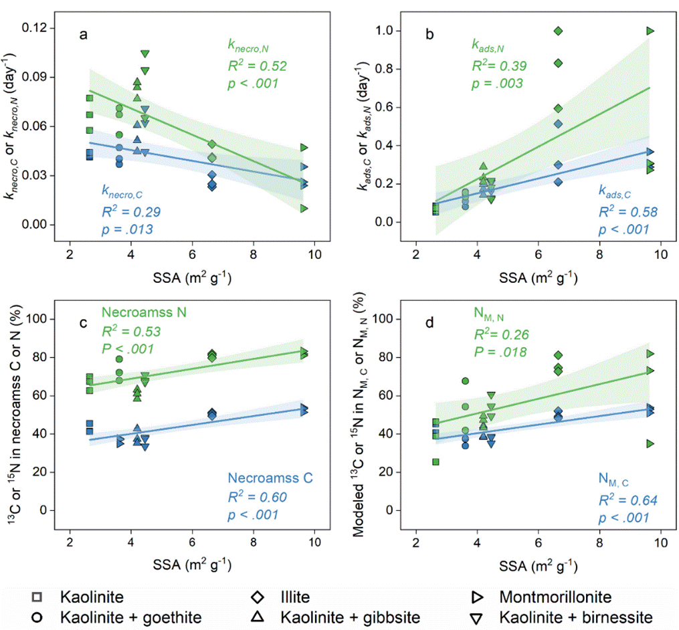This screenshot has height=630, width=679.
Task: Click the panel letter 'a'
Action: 83,35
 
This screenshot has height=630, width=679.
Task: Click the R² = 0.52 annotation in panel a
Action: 252,65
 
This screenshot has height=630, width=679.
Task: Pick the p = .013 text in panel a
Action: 127,229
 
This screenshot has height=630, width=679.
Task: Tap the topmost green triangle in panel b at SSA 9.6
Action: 649,31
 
